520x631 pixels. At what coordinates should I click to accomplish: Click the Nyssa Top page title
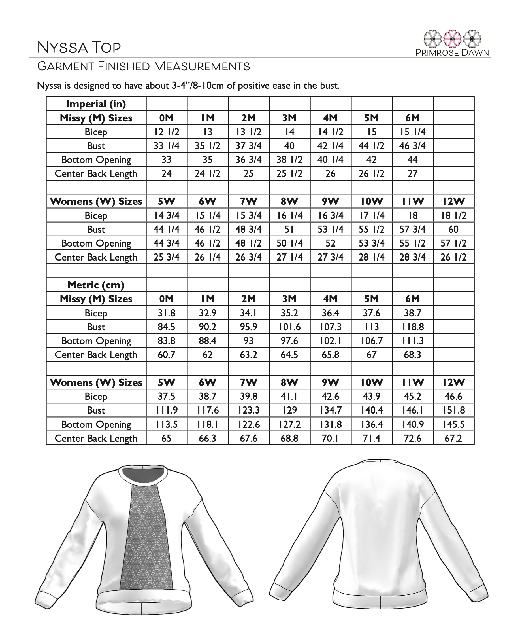[x=79, y=47]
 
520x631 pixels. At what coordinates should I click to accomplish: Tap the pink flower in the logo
[x=452, y=39]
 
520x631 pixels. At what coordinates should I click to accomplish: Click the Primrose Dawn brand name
[x=452, y=53]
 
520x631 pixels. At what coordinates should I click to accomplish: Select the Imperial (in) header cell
[x=96, y=104]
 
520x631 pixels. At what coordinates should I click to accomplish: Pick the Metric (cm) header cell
[x=96, y=285]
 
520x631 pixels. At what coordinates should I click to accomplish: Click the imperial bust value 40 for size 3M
[x=289, y=146]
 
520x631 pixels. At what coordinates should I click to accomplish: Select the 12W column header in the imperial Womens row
[x=453, y=201]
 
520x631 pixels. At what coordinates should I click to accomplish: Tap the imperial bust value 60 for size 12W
[x=453, y=229]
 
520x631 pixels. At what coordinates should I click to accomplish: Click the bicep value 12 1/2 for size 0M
[x=166, y=132]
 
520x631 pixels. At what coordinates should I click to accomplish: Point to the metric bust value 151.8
[x=453, y=410]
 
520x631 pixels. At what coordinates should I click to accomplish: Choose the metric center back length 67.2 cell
[x=453, y=438]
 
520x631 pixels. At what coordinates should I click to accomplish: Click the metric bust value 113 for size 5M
[x=371, y=327]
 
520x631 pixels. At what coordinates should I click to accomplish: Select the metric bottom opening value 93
[x=248, y=341]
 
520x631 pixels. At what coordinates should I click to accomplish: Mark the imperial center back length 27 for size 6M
[x=412, y=173]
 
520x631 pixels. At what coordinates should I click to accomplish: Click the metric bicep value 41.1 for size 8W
[x=289, y=396]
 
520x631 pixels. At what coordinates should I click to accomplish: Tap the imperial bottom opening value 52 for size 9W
[x=331, y=243]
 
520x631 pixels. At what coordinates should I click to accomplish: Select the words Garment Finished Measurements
[x=144, y=66]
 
